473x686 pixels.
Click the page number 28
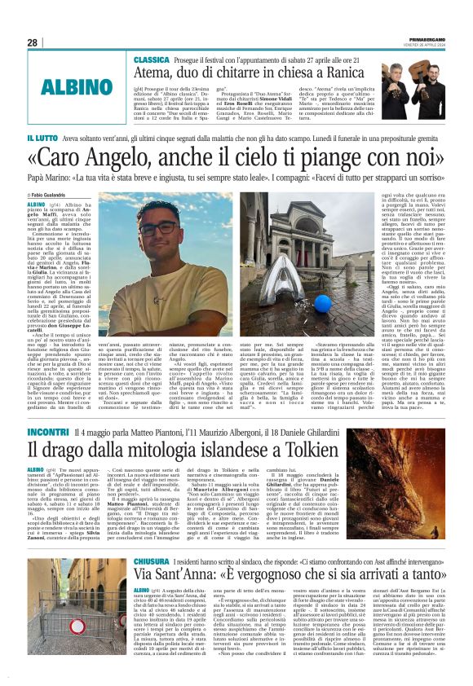click(33, 42)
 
